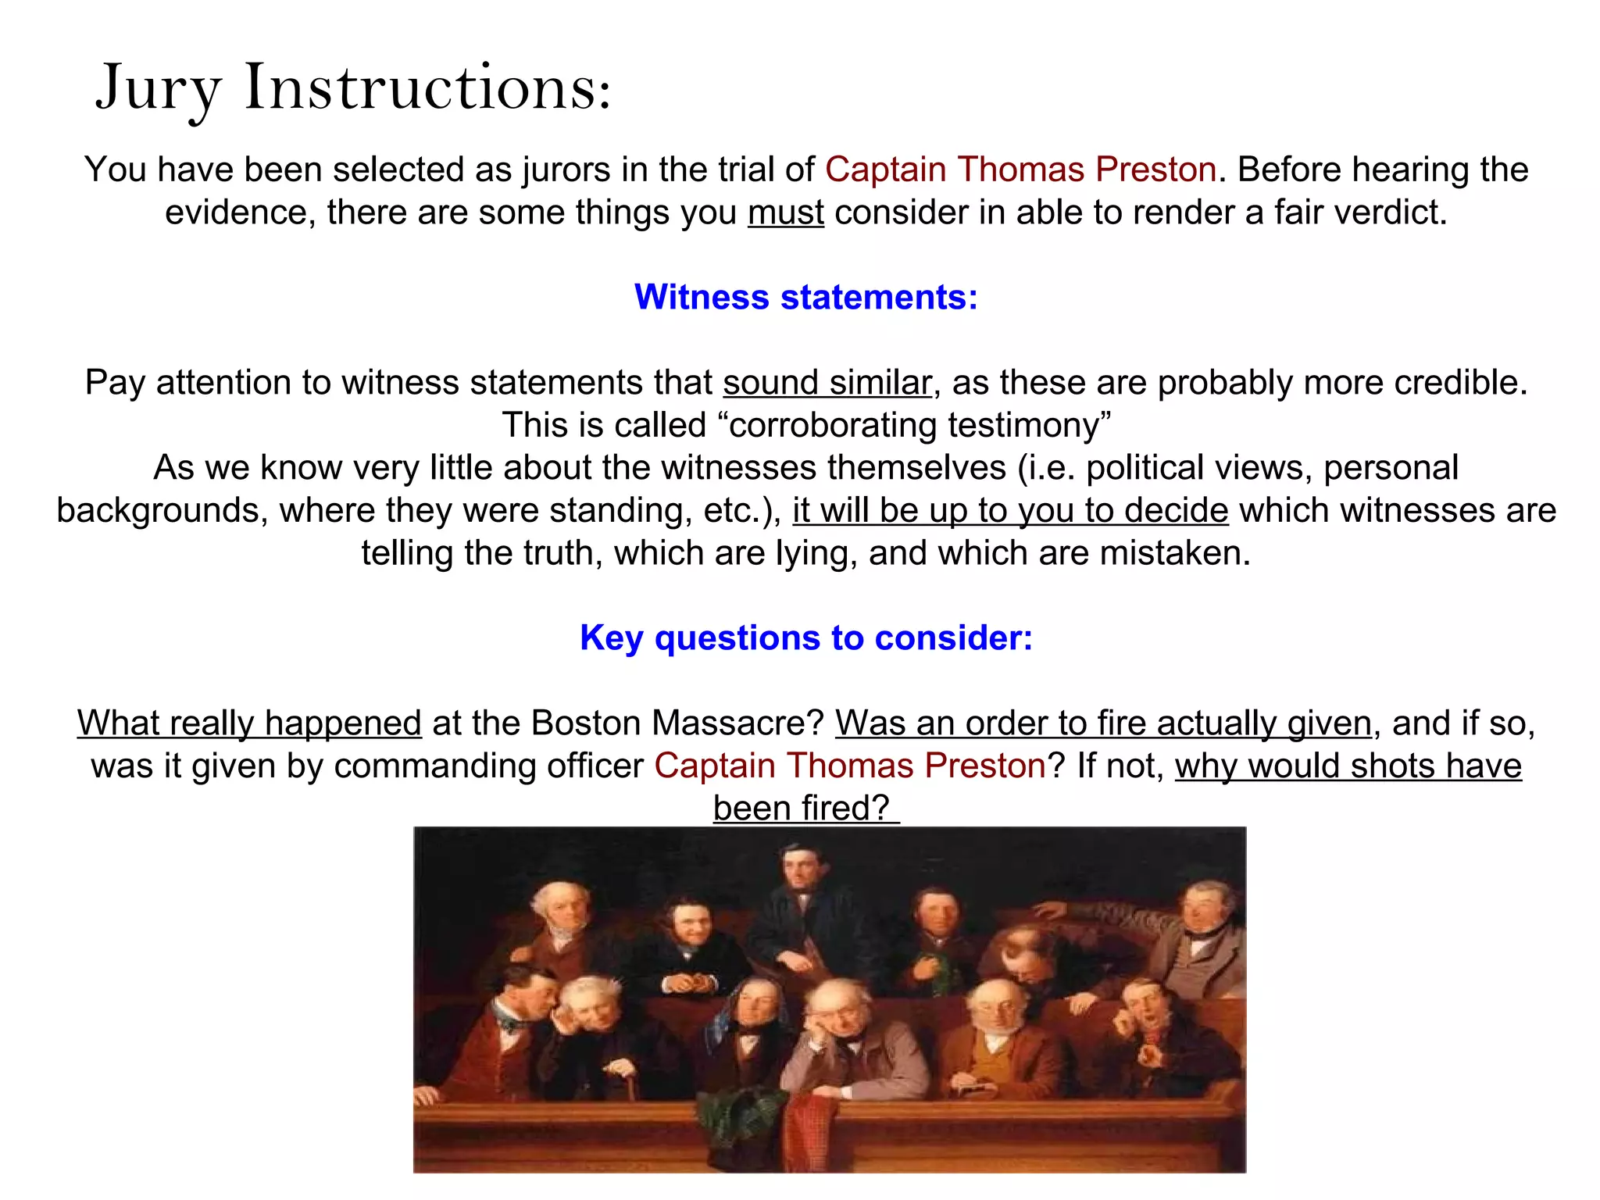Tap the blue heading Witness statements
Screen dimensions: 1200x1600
(805, 297)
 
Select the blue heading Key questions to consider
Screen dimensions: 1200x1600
(805, 637)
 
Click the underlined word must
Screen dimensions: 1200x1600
(785, 212)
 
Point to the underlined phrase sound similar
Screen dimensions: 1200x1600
(827, 383)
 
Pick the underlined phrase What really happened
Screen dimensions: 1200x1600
(249, 723)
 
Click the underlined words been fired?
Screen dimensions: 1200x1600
(805, 808)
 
